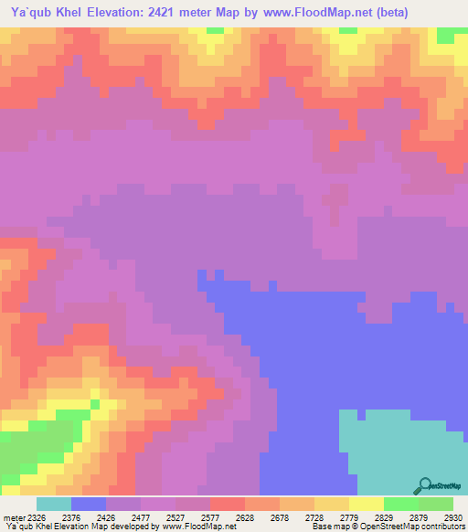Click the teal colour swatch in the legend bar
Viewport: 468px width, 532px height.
point(54,504)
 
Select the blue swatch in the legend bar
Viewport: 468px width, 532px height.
point(89,504)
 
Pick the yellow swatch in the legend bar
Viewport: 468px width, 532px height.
point(367,504)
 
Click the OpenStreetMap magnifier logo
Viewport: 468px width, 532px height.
point(423,486)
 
